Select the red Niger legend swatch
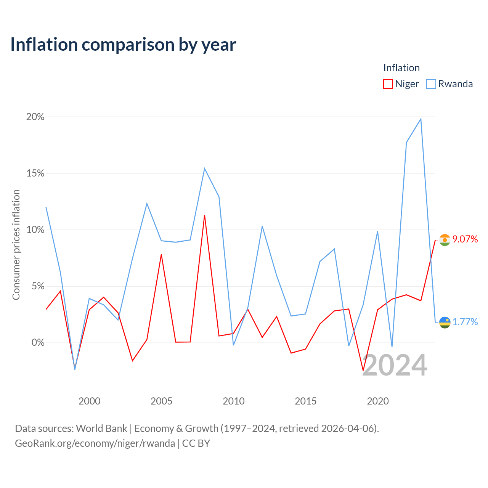click(388, 84)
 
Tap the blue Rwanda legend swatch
click(431, 84)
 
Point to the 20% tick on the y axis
click(35, 117)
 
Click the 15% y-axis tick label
click(35, 173)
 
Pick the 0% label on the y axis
click(38, 342)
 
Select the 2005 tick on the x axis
click(161, 401)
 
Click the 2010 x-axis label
click(233, 401)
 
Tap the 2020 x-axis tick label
click(377, 401)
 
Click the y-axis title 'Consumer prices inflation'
click(16, 245)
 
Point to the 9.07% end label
click(465, 239)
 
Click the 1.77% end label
click(465, 322)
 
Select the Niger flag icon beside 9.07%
click(445, 240)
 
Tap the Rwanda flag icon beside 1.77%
click(445, 323)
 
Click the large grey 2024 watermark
click(395, 365)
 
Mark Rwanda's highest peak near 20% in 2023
click(421, 119)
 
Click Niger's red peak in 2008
click(204, 215)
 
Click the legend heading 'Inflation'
click(401, 68)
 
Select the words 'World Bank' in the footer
click(101, 429)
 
